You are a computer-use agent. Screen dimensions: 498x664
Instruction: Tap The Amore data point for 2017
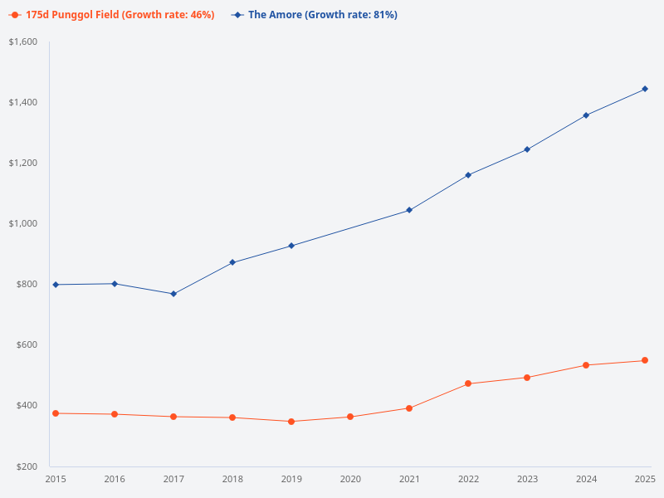173,294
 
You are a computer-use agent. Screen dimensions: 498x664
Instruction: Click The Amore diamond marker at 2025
645,89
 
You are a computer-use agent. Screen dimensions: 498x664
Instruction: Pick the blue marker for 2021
409,210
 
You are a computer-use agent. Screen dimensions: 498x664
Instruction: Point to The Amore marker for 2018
232,262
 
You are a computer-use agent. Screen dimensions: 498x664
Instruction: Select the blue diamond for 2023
527,149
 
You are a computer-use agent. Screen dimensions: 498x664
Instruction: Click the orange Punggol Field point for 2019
291,422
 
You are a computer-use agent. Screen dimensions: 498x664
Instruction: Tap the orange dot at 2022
468,383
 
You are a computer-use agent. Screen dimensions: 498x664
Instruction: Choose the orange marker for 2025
645,360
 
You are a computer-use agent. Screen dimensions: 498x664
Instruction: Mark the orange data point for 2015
56,413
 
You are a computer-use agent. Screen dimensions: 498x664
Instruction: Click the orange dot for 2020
350,417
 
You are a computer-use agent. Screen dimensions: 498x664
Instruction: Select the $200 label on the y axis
25,466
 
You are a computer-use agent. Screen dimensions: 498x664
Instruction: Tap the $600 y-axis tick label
25,344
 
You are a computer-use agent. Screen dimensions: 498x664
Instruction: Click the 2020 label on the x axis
350,479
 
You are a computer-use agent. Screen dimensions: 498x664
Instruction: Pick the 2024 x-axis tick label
586,479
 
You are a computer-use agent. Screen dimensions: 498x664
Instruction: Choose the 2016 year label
115,479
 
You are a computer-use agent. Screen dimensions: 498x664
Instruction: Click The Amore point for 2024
586,115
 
